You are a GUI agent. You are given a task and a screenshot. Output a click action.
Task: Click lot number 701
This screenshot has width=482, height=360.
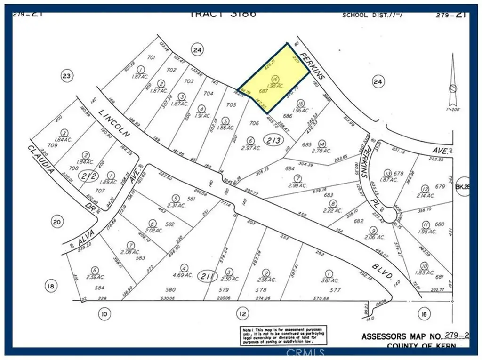click(x=151, y=57)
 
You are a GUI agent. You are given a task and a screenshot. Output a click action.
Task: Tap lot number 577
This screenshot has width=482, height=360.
click(x=335, y=290)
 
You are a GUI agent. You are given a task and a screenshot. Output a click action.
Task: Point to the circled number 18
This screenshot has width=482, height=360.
click(x=51, y=286)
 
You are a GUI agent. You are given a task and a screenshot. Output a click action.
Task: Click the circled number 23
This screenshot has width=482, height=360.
click(x=68, y=75)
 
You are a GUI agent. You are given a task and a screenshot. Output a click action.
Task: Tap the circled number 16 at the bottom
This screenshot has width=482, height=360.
click(x=425, y=312)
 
